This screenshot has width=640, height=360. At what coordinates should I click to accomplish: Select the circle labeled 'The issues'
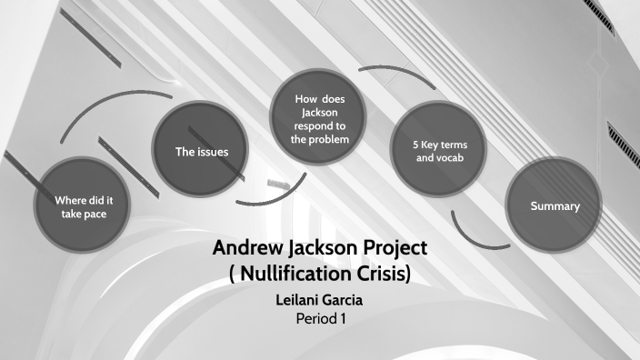click(201, 151)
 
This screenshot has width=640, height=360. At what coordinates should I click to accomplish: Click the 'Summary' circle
click(555, 206)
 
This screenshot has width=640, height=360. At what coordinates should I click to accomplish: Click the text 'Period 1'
click(323, 319)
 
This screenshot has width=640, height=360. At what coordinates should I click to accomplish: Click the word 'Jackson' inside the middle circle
click(319, 112)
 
